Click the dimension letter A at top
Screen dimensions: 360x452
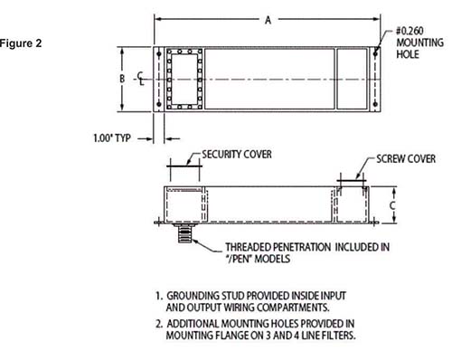click(268, 22)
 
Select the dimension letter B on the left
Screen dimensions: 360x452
click(121, 78)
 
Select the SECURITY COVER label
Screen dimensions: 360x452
click(237, 154)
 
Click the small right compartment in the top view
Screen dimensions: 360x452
click(353, 79)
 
